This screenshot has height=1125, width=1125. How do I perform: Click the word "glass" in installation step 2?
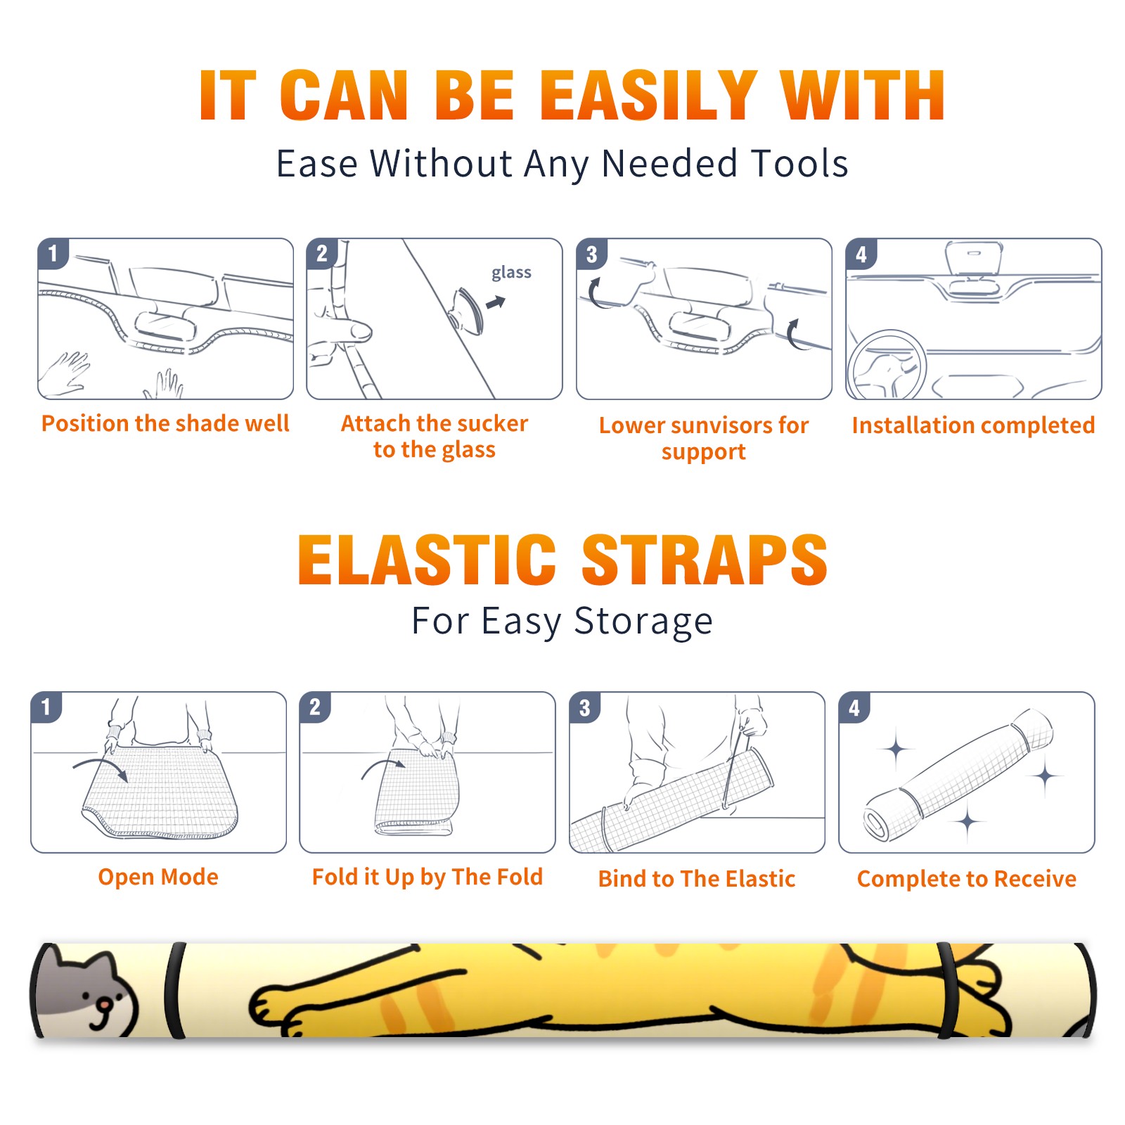click(x=511, y=273)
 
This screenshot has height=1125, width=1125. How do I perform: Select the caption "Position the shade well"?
click(x=165, y=423)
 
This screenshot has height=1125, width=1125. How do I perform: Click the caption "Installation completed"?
click(x=973, y=425)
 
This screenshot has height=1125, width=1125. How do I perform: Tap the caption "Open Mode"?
click(x=158, y=877)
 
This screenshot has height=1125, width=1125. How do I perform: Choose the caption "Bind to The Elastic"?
click(x=697, y=879)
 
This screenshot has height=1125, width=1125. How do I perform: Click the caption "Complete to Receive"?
click(x=967, y=879)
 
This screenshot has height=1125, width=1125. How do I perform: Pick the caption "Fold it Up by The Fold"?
click(x=427, y=877)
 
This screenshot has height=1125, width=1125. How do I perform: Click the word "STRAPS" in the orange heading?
click(x=705, y=560)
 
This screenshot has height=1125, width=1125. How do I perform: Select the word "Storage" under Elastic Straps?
click(x=643, y=622)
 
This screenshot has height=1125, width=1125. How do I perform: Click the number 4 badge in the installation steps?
click(x=861, y=254)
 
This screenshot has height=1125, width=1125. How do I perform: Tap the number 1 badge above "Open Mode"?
click(x=46, y=707)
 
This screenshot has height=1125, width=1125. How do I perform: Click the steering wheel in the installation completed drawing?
click(x=887, y=366)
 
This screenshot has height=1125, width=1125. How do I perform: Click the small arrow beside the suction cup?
click(x=496, y=302)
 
